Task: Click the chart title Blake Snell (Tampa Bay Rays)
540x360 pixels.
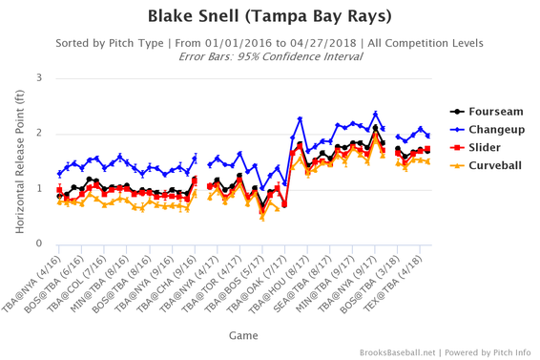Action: point(269,16)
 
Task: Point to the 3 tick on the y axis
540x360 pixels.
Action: point(38,77)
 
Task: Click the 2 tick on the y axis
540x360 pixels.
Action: point(38,133)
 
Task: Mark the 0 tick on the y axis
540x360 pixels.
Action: point(38,244)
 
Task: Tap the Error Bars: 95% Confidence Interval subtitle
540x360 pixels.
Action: point(269,56)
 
